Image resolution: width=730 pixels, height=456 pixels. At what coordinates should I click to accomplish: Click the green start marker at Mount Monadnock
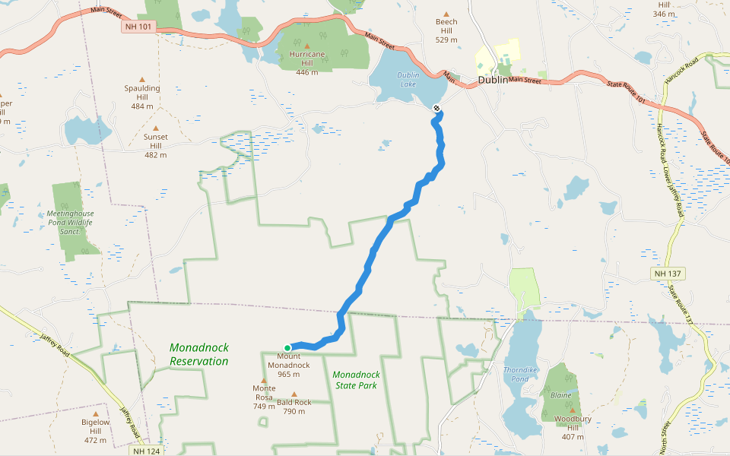click(287, 348)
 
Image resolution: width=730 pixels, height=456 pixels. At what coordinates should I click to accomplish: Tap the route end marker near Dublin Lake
click(436, 108)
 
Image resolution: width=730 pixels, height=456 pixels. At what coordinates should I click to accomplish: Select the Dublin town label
click(492, 80)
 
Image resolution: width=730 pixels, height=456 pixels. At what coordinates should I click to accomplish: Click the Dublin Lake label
click(408, 80)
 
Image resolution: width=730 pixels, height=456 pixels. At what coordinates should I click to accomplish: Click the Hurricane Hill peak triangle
click(307, 46)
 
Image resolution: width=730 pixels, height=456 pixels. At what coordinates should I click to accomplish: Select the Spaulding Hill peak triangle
click(142, 79)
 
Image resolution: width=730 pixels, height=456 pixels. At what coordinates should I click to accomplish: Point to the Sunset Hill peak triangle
click(156, 128)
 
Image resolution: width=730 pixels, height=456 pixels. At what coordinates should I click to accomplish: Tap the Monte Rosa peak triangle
click(264, 380)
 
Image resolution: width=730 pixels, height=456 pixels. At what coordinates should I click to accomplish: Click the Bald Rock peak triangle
click(294, 394)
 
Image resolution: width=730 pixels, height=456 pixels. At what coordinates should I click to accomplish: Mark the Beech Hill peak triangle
click(446, 14)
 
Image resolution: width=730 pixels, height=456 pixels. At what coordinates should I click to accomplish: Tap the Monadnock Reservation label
click(198, 355)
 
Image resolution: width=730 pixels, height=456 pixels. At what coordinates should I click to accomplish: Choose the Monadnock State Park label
click(356, 379)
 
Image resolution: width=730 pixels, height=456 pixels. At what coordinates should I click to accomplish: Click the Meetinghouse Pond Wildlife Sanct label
click(69, 222)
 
